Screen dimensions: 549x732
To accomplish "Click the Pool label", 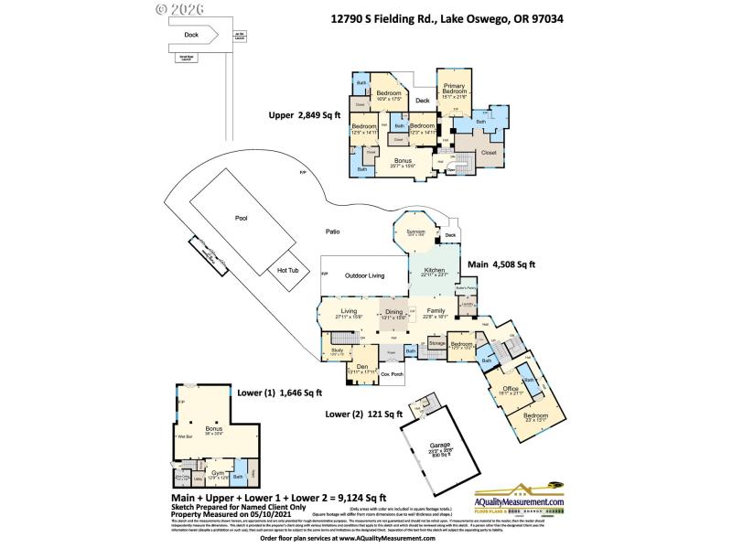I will point(242,219).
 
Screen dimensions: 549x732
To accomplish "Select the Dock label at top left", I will point(191,35).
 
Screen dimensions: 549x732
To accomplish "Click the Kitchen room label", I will point(434,271).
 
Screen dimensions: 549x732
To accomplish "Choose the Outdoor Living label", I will point(364,275).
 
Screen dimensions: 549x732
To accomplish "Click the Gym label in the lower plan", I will point(218,472).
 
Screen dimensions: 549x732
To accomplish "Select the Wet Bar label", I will point(184,437).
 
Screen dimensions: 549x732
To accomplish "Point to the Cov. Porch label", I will point(392,375).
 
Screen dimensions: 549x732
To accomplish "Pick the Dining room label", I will point(393,313).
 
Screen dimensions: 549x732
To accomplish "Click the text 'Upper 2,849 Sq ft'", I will point(305,115).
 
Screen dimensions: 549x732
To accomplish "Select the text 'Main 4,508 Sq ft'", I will point(501,264).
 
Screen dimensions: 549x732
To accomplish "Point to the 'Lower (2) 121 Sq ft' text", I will point(363,414).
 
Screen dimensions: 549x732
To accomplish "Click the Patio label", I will point(331,232).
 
